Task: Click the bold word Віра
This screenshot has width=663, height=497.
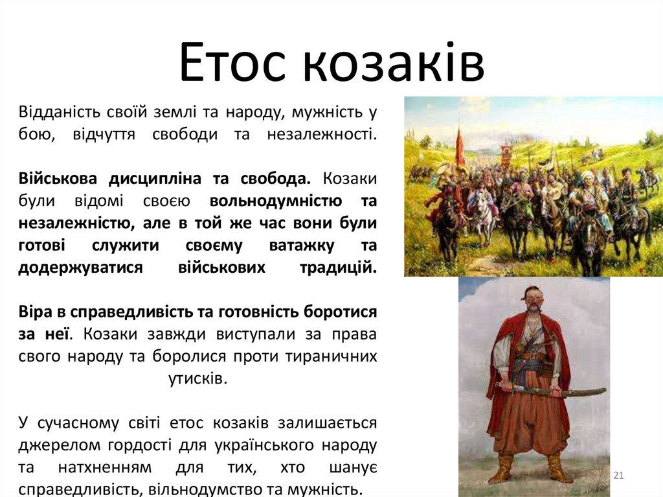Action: (x=36, y=312)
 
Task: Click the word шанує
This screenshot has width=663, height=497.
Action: (x=354, y=468)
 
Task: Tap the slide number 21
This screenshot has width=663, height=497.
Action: (x=618, y=476)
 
